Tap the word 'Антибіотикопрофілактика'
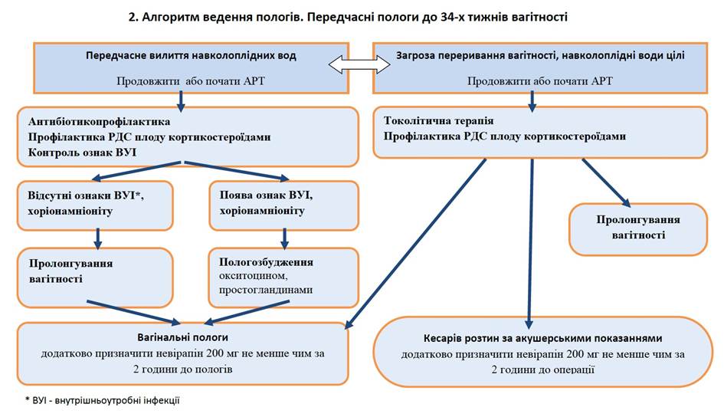100,122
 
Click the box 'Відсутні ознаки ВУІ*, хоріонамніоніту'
97,204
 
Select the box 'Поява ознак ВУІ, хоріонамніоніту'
283,204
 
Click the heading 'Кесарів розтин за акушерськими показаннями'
542,338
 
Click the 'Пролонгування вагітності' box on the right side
637,228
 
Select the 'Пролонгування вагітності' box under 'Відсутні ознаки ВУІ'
97,277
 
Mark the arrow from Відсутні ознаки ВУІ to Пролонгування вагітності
97,238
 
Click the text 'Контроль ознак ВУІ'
84,151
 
